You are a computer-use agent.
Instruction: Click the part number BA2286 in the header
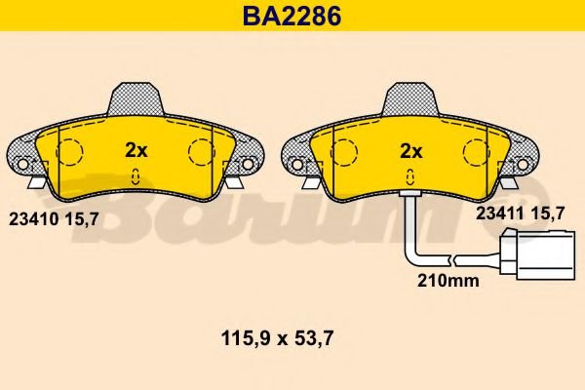[292, 15]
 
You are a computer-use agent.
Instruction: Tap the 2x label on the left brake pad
[136, 150]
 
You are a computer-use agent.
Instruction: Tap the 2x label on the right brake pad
[410, 150]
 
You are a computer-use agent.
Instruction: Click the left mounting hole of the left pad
[22, 162]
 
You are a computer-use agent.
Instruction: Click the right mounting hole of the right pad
[524, 162]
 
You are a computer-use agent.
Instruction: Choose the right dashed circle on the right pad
[476, 152]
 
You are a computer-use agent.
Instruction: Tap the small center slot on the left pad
[136, 176]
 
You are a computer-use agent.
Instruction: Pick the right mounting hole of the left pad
[248, 162]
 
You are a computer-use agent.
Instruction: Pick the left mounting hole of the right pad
[297, 162]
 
